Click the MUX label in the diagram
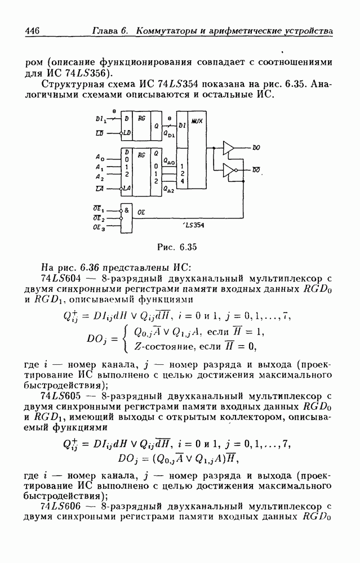point(197,121)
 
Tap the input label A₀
point(100,157)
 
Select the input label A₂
point(100,177)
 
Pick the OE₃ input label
point(99,227)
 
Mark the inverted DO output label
point(256,169)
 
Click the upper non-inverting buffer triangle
point(228,147)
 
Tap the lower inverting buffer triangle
point(229,171)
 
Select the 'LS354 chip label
point(194,226)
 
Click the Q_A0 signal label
point(169,162)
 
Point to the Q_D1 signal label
point(169,134)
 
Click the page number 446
point(32,31)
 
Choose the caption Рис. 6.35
point(177,247)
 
